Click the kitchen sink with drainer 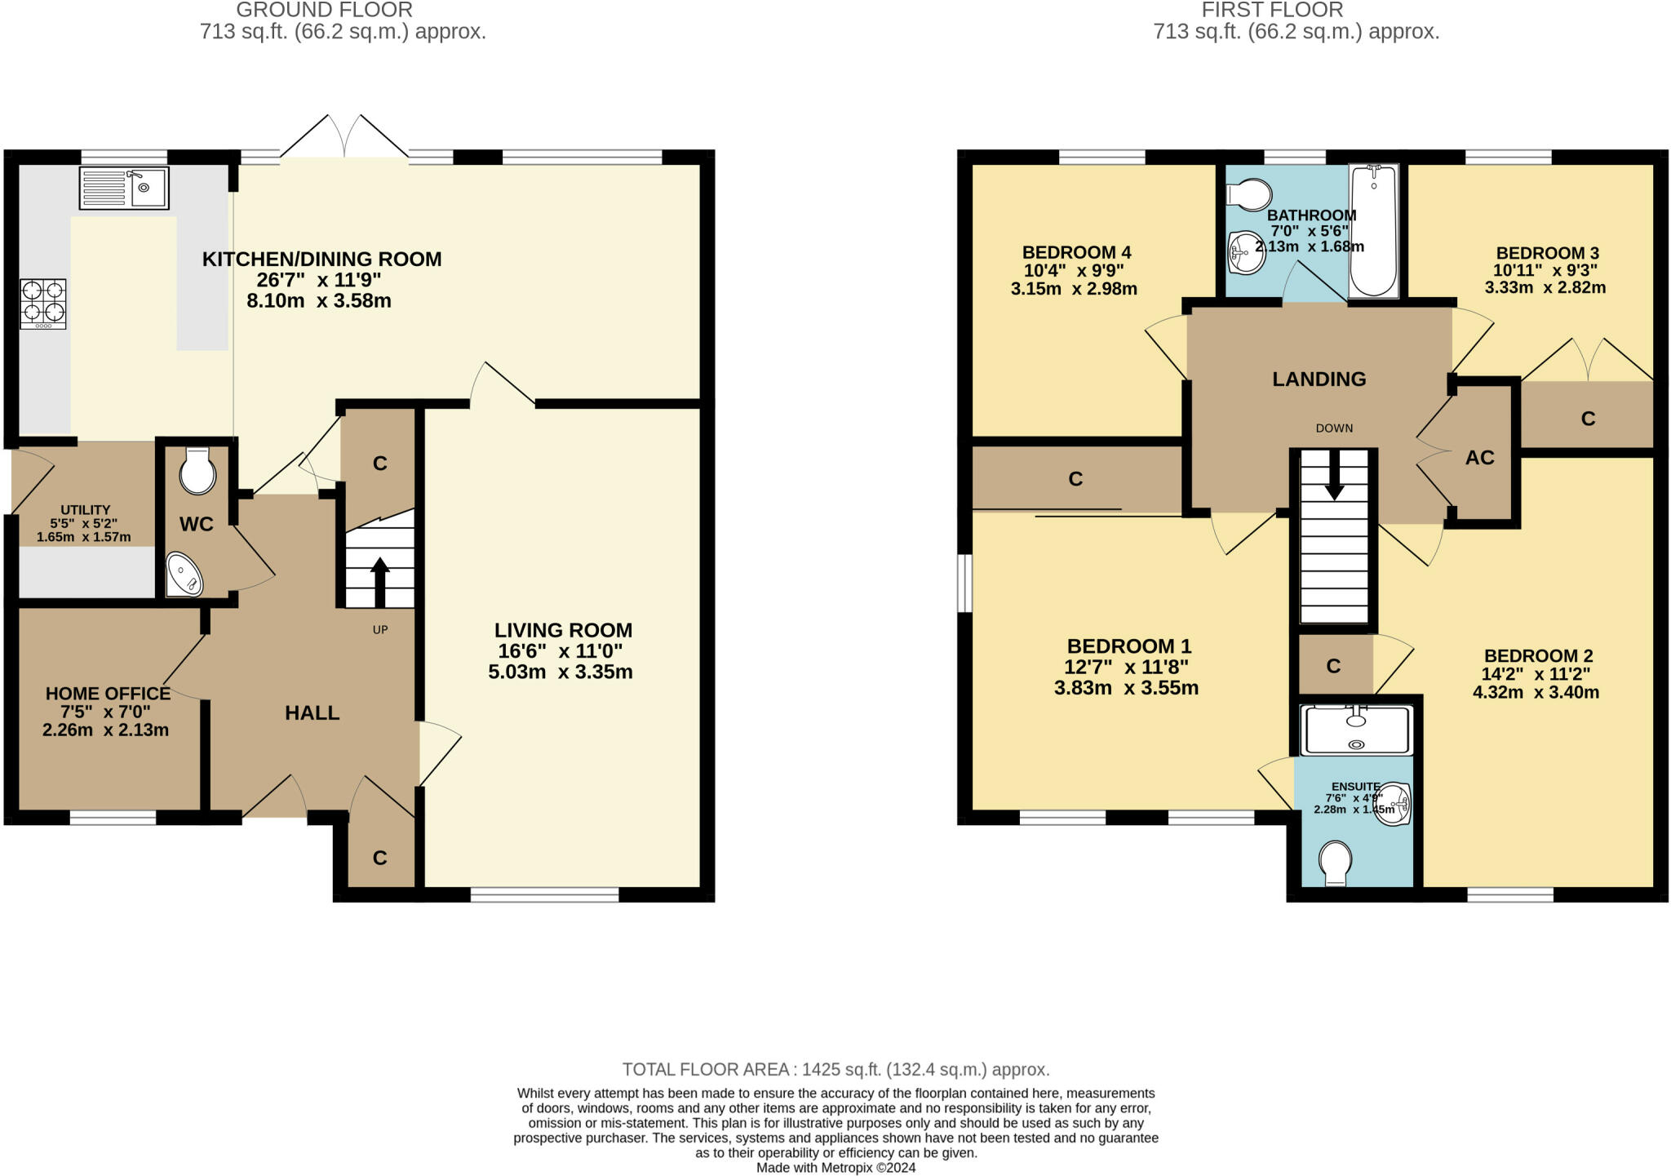(124, 188)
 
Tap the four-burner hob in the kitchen (43, 303)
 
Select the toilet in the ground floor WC (197, 472)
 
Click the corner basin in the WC (184, 575)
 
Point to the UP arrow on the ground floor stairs (379, 580)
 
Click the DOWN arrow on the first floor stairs (1334, 480)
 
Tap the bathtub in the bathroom (1374, 230)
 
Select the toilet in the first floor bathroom (1250, 195)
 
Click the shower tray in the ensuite (1357, 730)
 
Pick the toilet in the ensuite (1336, 863)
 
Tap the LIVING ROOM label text (563, 630)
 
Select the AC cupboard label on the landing (1479, 458)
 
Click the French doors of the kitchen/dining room (344, 137)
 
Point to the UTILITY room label (85, 510)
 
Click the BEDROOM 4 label (1075, 252)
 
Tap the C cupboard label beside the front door (379, 858)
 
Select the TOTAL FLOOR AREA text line (835, 1069)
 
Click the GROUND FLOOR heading (324, 11)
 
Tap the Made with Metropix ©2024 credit (835, 1168)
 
